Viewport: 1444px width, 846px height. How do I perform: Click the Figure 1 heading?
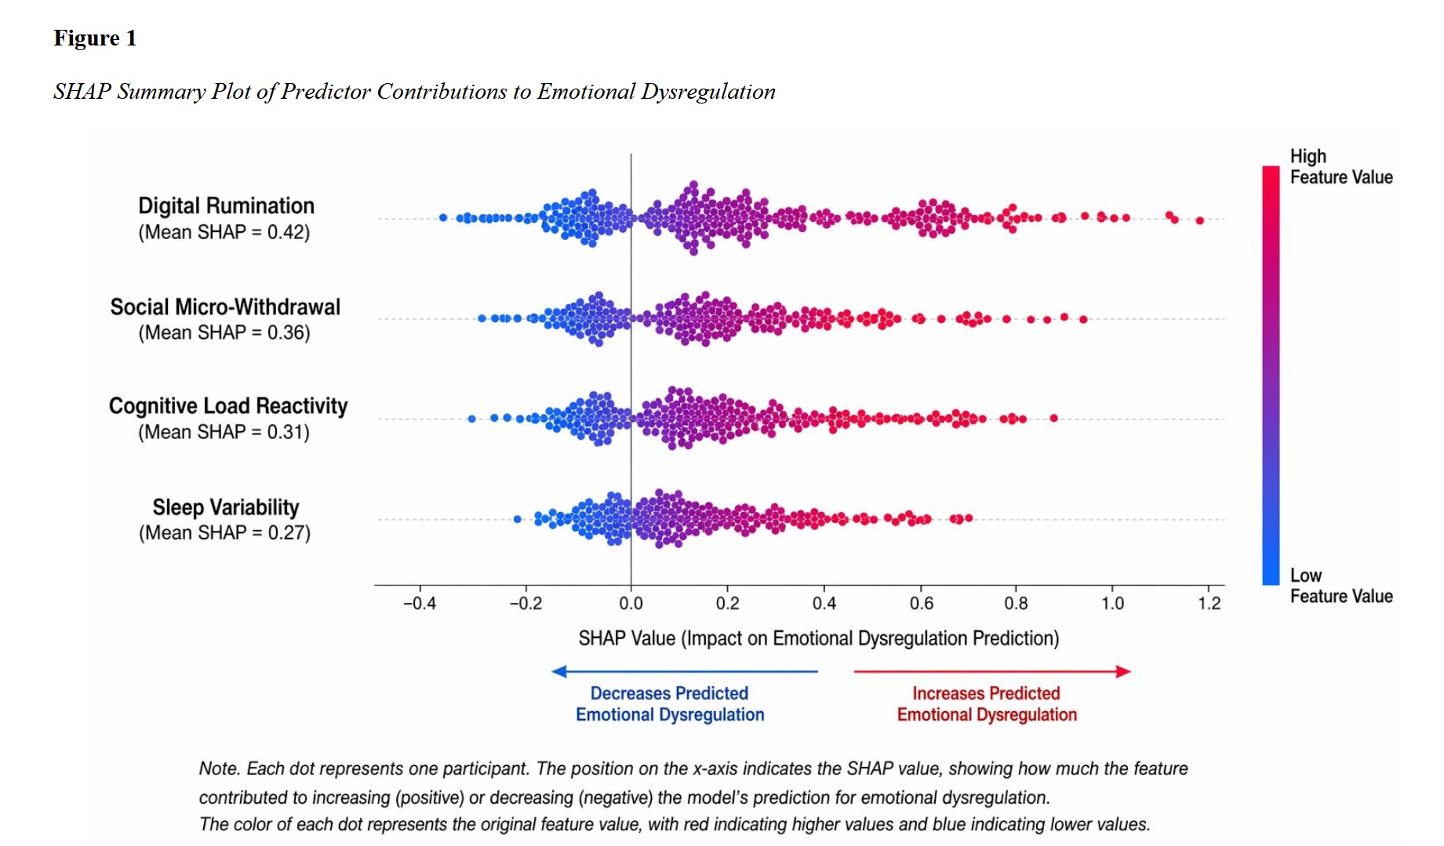(95, 38)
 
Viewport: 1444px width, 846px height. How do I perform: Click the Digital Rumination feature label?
(226, 205)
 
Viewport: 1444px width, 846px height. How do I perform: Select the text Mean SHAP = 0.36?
(224, 332)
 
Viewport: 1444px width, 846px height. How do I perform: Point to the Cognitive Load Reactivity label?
(227, 405)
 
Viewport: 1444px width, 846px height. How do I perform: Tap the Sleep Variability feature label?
(226, 507)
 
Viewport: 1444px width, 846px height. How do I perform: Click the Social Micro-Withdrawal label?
(225, 307)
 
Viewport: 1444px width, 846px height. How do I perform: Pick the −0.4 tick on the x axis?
(420, 603)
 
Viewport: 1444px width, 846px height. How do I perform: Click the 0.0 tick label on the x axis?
(631, 603)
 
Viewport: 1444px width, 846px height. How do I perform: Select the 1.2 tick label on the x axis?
(1209, 603)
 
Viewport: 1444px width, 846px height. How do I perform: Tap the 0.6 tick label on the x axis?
(921, 603)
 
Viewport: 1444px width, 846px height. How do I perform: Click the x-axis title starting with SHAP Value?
(818, 638)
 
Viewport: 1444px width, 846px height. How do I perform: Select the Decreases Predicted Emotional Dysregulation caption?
(670, 704)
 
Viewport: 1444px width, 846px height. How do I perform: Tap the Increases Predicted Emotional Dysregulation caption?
(987, 704)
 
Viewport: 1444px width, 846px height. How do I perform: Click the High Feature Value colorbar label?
(1340, 166)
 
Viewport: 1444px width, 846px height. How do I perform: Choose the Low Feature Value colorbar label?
(1340, 586)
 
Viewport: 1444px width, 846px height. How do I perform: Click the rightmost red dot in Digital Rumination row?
(1199, 220)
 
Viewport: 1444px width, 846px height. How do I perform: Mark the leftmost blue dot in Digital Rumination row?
(443, 217)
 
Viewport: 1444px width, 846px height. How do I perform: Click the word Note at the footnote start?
(219, 768)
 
